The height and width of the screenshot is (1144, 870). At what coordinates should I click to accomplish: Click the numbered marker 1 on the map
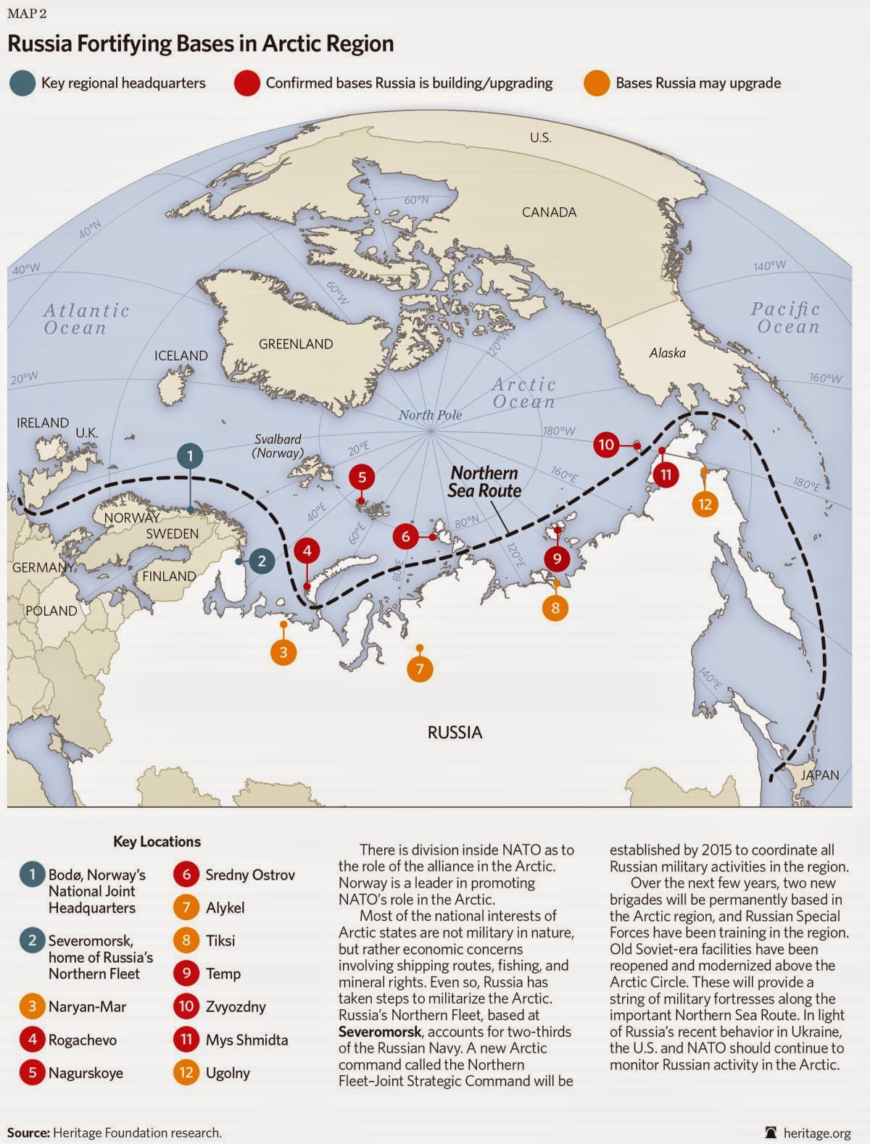pyautogui.click(x=190, y=456)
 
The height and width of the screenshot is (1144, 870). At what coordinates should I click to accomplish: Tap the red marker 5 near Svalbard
pyautogui.click(x=362, y=477)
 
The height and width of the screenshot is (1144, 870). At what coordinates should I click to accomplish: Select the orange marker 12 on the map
pyautogui.click(x=705, y=503)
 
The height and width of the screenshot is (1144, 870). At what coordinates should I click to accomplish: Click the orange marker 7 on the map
pyautogui.click(x=420, y=669)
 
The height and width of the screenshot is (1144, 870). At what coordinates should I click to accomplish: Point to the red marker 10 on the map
pyautogui.click(x=606, y=444)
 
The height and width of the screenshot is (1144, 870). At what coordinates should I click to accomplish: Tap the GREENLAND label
pyautogui.click(x=296, y=344)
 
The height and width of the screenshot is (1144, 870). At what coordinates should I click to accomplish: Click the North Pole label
pyautogui.click(x=430, y=415)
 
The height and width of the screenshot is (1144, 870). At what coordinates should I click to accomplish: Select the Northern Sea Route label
pyautogui.click(x=484, y=482)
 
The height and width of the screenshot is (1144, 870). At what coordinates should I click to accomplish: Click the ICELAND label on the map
pyautogui.click(x=181, y=356)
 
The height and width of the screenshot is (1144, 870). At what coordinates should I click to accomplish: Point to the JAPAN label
pyautogui.click(x=819, y=775)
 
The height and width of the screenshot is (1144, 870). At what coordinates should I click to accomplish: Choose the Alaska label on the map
pyautogui.click(x=667, y=353)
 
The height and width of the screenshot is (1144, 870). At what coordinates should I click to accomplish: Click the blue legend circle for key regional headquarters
pyautogui.click(x=22, y=83)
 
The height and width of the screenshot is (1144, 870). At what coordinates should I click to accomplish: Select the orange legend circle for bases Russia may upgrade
pyautogui.click(x=596, y=83)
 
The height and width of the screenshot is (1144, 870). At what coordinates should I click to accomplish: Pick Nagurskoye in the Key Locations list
pyautogui.click(x=86, y=1073)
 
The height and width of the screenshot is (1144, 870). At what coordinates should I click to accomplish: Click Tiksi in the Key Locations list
pyautogui.click(x=220, y=940)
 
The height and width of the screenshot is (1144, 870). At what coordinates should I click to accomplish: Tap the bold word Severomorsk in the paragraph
pyautogui.click(x=376, y=1031)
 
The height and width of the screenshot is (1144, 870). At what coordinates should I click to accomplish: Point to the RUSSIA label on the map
pyautogui.click(x=455, y=732)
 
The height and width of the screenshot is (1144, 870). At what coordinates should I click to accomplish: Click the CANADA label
pyautogui.click(x=550, y=212)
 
